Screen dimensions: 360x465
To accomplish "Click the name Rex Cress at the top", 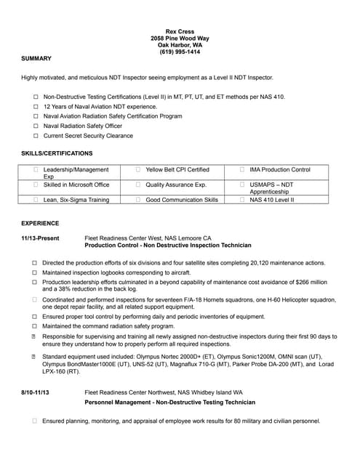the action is click(180, 31).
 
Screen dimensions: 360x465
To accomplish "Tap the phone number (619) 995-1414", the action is click(180, 52).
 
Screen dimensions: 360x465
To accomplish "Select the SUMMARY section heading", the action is click(36, 58).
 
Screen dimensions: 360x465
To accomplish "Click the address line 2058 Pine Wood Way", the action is click(180, 38).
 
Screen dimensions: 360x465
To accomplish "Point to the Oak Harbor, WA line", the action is click(180, 45).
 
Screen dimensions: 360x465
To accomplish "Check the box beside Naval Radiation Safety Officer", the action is click(36, 126).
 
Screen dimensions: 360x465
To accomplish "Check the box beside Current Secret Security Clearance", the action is click(36, 136).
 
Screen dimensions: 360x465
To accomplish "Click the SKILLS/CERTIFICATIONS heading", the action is click(57, 153).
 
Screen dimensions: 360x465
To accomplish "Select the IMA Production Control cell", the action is click(279, 169).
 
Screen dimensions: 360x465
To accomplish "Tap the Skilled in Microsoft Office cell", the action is click(76, 185).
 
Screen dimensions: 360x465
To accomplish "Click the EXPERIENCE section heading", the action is click(40, 223).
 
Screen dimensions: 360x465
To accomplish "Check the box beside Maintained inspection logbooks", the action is click(34, 272).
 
